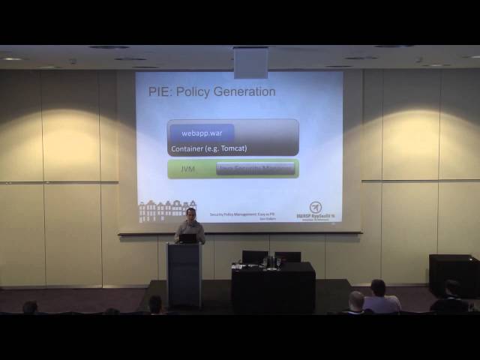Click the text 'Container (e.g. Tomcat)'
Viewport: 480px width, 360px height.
pyautogui.click(x=208, y=148)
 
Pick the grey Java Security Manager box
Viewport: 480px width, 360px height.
pyautogui.click(x=255, y=169)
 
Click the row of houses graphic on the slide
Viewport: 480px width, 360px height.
pyautogui.click(x=166, y=211)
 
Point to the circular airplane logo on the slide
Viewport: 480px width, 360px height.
pyautogui.click(x=316, y=208)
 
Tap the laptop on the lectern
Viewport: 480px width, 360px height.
pyautogui.click(x=187, y=238)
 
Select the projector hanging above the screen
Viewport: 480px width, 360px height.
pyautogui.click(x=250, y=63)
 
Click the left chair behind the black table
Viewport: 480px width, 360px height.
pyautogui.click(x=255, y=256)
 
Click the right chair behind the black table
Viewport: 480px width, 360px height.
pyautogui.click(x=287, y=256)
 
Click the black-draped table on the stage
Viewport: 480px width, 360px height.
pyautogui.click(x=273, y=289)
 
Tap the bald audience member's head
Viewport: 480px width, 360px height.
pyautogui.click(x=356, y=300)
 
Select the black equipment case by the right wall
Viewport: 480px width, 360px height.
pyautogui.click(x=453, y=274)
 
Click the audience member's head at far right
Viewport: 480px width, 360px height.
pyautogui.click(x=451, y=288)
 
